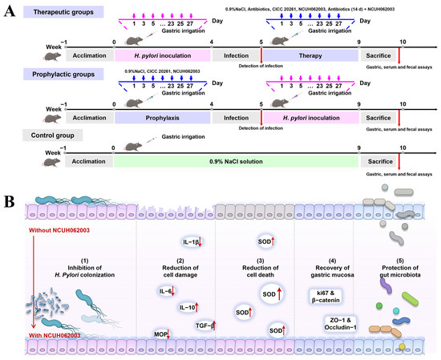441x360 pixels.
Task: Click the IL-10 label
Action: (x=188, y=306)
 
